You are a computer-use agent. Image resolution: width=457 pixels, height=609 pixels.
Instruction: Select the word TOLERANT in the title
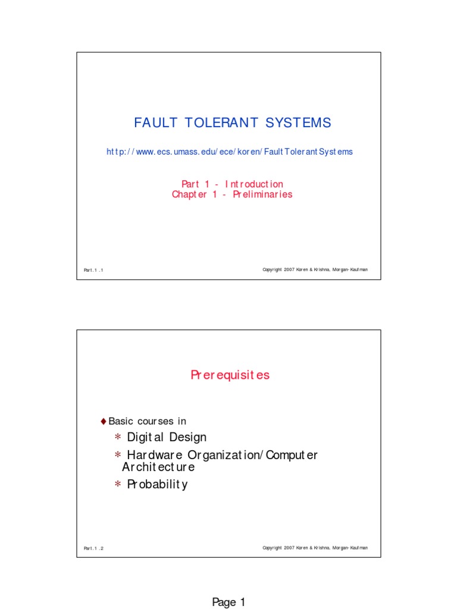[x=221, y=123]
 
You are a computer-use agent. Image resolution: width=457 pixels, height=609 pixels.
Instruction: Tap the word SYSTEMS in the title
[x=298, y=123]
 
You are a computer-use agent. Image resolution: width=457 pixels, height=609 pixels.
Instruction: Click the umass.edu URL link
[x=230, y=152]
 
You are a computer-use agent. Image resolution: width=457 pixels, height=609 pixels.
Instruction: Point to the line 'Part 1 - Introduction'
[x=233, y=184]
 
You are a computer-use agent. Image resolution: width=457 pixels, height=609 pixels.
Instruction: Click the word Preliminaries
[x=262, y=194]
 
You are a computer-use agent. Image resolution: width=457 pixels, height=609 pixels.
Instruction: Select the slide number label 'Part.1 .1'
[x=93, y=270]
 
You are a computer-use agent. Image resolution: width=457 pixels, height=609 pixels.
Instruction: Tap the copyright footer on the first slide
[x=315, y=269]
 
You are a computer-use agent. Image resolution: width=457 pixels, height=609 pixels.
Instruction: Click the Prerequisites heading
[x=230, y=375]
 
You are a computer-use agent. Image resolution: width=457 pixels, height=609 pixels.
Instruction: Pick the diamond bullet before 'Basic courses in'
[x=104, y=422]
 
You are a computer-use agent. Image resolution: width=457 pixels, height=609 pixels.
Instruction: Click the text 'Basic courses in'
[x=148, y=421]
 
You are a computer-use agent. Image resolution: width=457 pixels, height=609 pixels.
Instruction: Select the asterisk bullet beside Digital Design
[x=118, y=437]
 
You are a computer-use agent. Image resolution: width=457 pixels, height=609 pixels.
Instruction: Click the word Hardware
[x=155, y=455]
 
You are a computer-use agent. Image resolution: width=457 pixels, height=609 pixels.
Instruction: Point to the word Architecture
[x=158, y=467]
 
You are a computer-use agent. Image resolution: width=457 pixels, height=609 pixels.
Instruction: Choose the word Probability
[x=157, y=484]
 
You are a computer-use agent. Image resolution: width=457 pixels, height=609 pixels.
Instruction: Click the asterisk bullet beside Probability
[x=118, y=484]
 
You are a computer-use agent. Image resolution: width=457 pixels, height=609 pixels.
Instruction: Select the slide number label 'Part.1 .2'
[x=93, y=548]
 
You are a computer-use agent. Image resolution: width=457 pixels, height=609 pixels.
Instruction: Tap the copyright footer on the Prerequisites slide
[x=315, y=548]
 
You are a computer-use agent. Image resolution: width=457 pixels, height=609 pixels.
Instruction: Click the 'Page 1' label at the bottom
[x=228, y=602]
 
